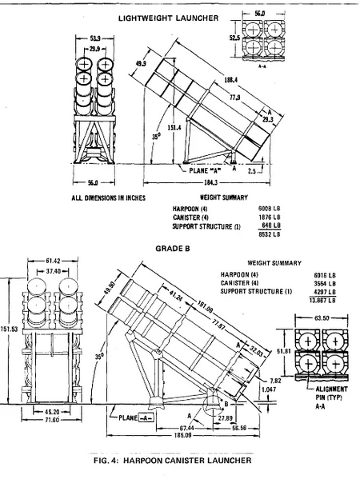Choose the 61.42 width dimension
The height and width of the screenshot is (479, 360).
point(54,261)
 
